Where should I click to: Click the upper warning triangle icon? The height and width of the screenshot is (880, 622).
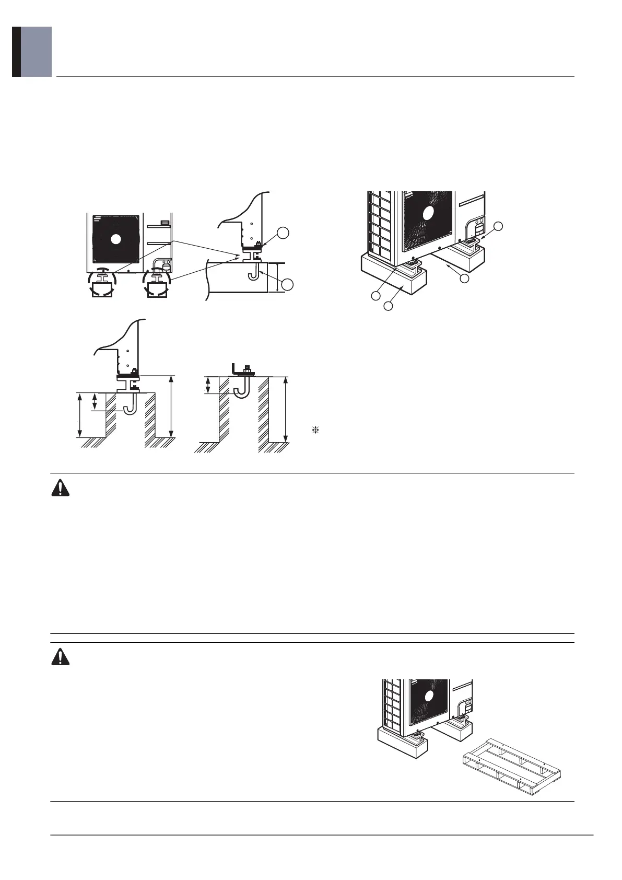point(61,488)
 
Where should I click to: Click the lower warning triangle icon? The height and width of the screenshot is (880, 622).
point(61,656)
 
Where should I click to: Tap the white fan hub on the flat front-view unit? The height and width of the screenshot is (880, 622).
point(116,239)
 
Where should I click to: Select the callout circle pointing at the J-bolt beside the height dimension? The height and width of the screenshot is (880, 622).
point(286,285)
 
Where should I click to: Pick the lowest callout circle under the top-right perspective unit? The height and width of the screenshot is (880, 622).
point(388,306)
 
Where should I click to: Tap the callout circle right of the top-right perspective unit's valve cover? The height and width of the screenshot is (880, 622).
point(499,226)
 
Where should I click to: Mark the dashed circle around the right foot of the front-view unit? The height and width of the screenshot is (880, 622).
point(157,283)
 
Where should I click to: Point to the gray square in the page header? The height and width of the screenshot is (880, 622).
point(36,52)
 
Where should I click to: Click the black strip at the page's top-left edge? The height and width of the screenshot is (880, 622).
point(16,52)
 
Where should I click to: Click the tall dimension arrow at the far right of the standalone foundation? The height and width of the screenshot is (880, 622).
point(285,409)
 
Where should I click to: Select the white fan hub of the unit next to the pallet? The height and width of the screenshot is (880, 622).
point(430,696)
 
